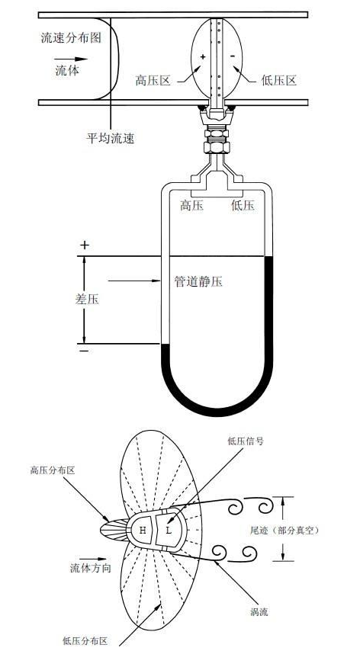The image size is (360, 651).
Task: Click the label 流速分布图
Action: click(71, 38)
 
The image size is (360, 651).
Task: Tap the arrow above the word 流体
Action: click(71, 59)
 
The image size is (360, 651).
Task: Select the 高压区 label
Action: click(153, 80)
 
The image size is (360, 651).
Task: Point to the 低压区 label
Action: click(279, 80)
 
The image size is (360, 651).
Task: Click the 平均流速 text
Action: click(111, 138)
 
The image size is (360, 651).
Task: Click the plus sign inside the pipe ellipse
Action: click(203, 56)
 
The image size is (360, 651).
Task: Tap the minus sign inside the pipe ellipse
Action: click(233, 56)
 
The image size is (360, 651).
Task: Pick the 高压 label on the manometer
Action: click(191, 205)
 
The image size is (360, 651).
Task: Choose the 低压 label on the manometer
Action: click(243, 205)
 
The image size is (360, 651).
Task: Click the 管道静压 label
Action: click(198, 282)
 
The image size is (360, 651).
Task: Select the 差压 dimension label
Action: click(87, 299)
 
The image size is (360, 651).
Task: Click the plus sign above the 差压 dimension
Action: click(85, 245)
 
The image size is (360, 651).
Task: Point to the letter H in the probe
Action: click(143, 531)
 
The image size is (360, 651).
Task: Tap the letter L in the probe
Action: click(169, 531)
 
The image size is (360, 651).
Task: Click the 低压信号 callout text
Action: click(246, 441)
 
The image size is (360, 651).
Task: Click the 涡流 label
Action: click(259, 611)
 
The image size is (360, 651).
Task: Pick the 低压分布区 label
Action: click(85, 641)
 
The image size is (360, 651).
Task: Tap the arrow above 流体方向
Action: click(90, 560)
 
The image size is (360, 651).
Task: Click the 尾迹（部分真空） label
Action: click(284, 531)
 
